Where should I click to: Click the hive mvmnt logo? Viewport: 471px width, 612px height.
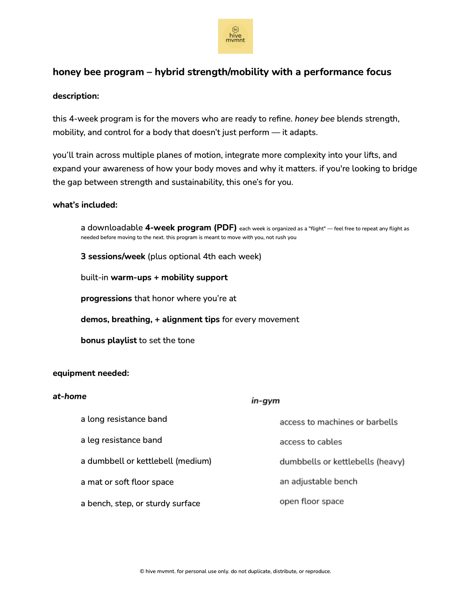pyautogui.click(x=235, y=36)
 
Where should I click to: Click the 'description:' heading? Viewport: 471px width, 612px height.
pyautogui.click(x=76, y=96)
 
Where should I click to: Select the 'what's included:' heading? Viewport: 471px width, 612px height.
pyautogui.click(x=85, y=205)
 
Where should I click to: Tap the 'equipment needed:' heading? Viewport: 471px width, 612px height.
pyautogui.click(x=91, y=373)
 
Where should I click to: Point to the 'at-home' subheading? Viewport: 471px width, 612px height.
pyautogui.click(x=70, y=396)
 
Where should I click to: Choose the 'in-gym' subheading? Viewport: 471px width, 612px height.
pyautogui.click(x=265, y=401)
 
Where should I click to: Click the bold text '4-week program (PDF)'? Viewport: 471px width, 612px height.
pyautogui.click(x=191, y=228)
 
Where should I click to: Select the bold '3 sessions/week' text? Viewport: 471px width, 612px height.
pyautogui.click(x=113, y=257)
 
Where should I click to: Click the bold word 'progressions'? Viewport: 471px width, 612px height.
pyautogui.click(x=106, y=299)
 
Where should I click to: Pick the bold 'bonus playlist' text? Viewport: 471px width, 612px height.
pyautogui.click(x=109, y=341)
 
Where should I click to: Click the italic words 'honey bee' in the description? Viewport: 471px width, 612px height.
pyautogui.click(x=314, y=119)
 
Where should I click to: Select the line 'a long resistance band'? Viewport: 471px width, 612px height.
pyautogui.click(x=124, y=419)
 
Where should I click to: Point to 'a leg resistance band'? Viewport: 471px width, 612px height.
pyautogui.click(x=121, y=440)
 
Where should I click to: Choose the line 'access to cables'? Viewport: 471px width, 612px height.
pyautogui.click(x=311, y=442)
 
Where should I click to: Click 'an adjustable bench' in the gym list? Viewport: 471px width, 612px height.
pyautogui.click(x=318, y=482)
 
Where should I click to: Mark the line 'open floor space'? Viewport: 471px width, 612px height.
pyautogui.click(x=312, y=501)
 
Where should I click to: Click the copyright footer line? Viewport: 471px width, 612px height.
pyautogui.click(x=235, y=571)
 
